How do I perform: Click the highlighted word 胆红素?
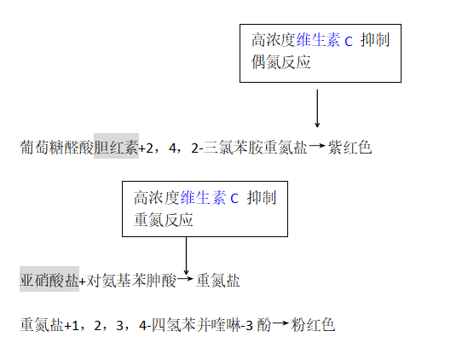(117, 147)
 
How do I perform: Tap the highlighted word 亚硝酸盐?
(49, 280)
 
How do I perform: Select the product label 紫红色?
(350, 147)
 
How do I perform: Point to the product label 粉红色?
(313, 325)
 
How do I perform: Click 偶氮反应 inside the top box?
(280, 61)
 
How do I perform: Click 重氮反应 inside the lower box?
(164, 219)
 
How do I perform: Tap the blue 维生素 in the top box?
(318, 40)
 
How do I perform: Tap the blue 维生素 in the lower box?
(203, 197)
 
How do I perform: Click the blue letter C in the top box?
(349, 42)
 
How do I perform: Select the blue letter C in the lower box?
(234, 199)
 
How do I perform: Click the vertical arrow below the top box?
(317, 108)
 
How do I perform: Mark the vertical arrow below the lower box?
(186, 256)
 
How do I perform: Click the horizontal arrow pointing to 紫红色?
(317, 146)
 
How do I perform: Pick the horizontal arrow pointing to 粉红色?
(280, 323)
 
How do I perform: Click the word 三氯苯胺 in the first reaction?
(248, 147)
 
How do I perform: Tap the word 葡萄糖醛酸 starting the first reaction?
(57, 147)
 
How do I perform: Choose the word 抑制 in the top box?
(375, 40)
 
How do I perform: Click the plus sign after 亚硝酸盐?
(83, 282)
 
